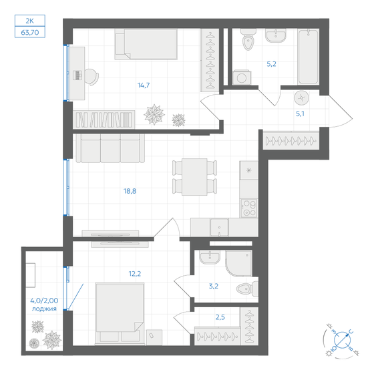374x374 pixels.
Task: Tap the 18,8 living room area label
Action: click(x=130, y=190)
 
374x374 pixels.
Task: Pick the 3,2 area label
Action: click(x=213, y=286)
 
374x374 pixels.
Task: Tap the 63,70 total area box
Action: click(x=31, y=31)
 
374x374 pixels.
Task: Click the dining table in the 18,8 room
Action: click(x=194, y=176)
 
